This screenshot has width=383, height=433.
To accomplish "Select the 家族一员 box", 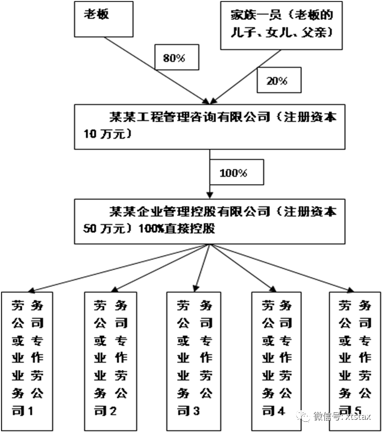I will [x=281, y=24].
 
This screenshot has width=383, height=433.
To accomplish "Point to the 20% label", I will [x=276, y=80].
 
